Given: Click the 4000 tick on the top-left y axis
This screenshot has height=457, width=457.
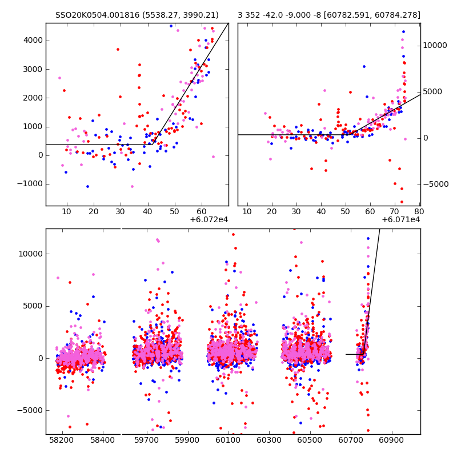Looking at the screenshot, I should coord(32,41).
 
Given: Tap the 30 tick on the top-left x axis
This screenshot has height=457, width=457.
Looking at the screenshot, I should coord(121,212).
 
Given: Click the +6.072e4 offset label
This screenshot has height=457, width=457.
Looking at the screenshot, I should coord(209,219).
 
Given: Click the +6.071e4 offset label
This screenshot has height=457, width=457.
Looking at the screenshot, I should coord(401,219).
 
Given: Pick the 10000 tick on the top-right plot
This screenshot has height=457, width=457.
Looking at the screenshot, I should coord(435,46).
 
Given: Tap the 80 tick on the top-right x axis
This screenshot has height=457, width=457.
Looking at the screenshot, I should coord(419,212).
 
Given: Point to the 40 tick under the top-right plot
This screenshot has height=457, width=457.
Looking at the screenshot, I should coord(320,212).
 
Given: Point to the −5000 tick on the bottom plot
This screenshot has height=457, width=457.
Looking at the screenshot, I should coord(30,410).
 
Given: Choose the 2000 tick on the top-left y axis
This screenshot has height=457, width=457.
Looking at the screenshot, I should coord(32,98).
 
